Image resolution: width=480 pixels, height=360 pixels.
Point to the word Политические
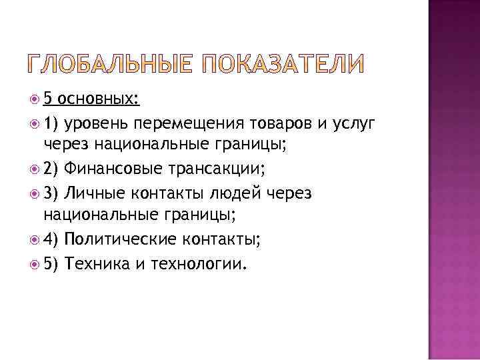[121, 239]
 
